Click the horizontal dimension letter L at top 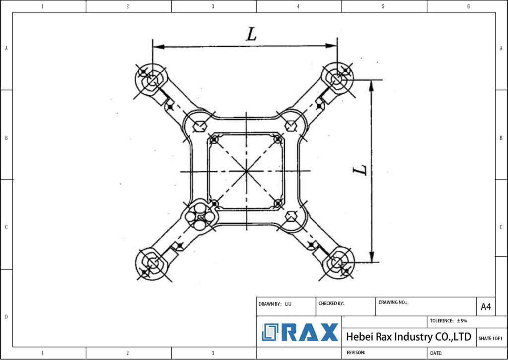pos(252,34)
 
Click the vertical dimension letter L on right pos(360,169)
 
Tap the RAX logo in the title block pos(300,332)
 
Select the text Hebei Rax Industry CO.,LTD pos(408,337)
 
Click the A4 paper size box pos(486,307)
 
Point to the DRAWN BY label pos(270,303)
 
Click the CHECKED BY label pos(331,303)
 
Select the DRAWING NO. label pos(392,302)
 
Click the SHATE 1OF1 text pos(490,338)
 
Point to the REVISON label pos(356,352)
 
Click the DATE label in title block pos(436,353)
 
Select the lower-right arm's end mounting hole pos(337,262)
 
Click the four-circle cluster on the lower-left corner pos(199,216)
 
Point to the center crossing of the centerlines pos(246,171)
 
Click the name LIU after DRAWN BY pos(288,303)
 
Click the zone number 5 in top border pos(383,6)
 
